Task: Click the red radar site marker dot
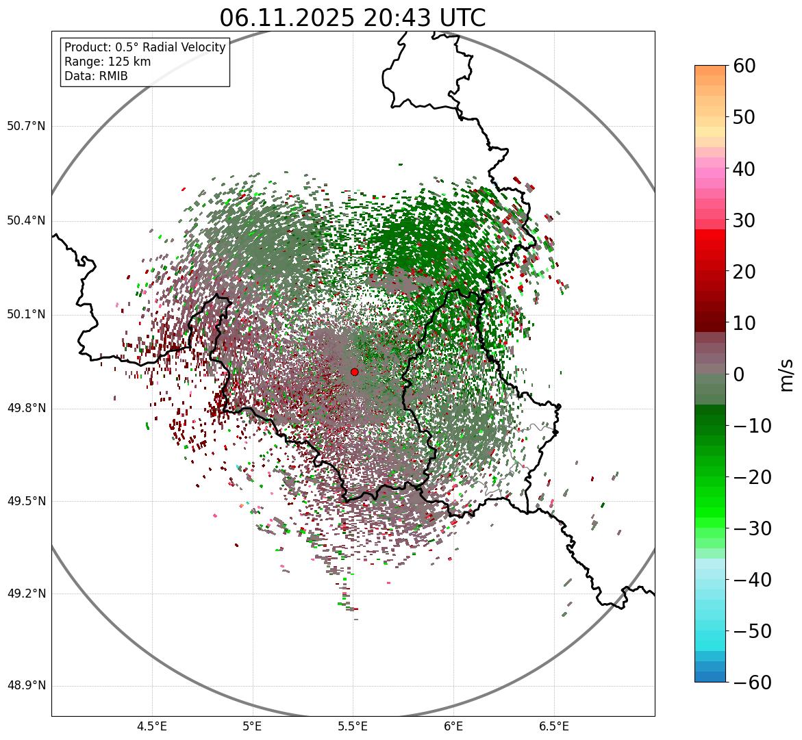pyautogui.click(x=354, y=372)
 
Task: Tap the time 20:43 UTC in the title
pyautogui.click(x=424, y=18)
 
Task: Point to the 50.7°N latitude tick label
pyautogui.click(x=26, y=127)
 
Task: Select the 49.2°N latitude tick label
pyautogui.click(x=26, y=594)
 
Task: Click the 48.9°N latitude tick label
pyautogui.click(x=26, y=686)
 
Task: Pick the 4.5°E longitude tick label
pyautogui.click(x=152, y=726)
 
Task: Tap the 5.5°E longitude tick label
pyautogui.click(x=353, y=726)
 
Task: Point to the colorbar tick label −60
pyautogui.click(x=752, y=682)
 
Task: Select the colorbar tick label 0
pyautogui.click(x=739, y=374)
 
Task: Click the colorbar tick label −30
pyautogui.click(x=752, y=528)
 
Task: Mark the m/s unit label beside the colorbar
pyautogui.click(x=788, y=374)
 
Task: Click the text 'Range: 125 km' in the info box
pyautogui.click(x=108, y=62)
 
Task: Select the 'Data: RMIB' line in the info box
pyautogui.click(x=96, y=76)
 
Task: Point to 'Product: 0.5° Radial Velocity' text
pyautogui.click(x=145, y=47)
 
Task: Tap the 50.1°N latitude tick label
pyautogui.click(x=26, y=315)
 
